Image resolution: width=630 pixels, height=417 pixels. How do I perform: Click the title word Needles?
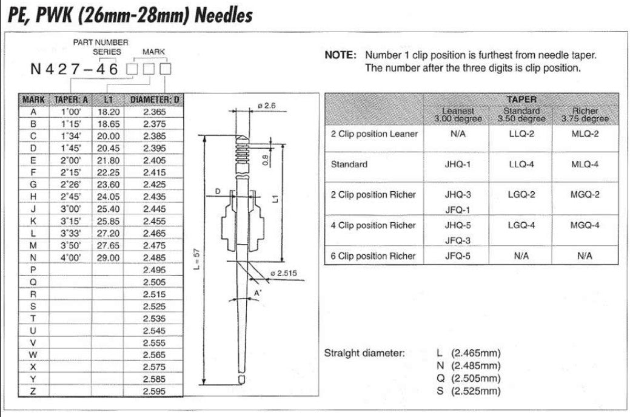click(223, 15)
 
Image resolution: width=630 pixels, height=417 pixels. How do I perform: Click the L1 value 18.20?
click(108, 112)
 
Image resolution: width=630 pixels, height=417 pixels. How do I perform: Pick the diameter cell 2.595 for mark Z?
click(154, 392)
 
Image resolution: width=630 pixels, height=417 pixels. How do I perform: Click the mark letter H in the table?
click(33, 197)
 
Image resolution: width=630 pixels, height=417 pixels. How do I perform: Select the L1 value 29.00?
click(108, 257)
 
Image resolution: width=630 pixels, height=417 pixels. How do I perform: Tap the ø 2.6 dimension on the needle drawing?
click(266, 105)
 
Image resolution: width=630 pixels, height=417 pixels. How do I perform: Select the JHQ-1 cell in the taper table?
click(458, 164)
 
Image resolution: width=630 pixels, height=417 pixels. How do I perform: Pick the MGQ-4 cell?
click(585, 225)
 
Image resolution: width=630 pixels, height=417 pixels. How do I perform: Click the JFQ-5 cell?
click(458, 256)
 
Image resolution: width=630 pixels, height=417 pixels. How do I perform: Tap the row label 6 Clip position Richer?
click(374, 256)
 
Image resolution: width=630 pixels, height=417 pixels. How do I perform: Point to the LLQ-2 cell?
click(521, 134)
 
